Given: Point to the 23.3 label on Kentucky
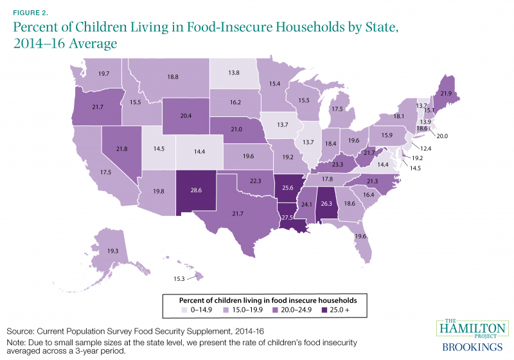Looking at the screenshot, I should click(x=339, y=165).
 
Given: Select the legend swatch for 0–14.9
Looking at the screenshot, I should click(x=185, y=311).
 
